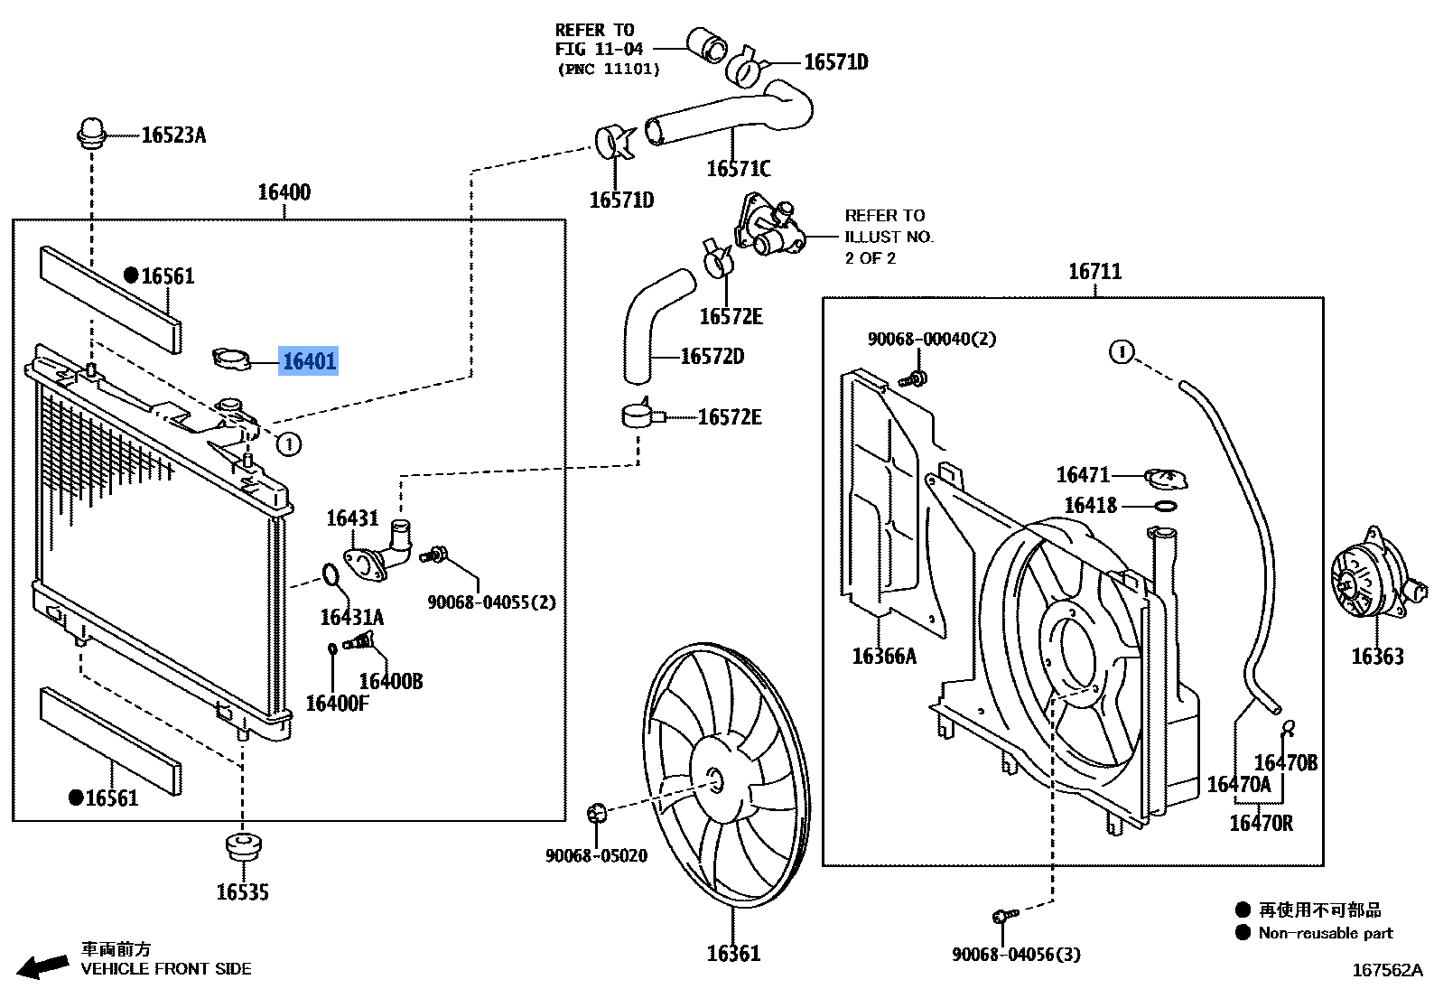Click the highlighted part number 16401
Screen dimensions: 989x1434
309,361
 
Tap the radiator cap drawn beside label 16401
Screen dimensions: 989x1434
231,359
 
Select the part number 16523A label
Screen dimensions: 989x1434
173,135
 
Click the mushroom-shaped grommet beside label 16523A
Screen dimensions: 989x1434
91,133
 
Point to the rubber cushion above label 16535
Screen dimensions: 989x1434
243,847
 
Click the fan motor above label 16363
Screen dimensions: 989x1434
1371,578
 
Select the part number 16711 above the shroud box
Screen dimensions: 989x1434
1094,272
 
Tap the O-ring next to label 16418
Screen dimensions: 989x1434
1166,506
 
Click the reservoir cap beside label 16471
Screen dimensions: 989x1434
1166,478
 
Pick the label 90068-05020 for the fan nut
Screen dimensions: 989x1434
596,855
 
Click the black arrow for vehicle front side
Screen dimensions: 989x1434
42,966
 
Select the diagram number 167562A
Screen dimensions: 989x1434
1386,970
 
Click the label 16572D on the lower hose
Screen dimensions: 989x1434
712,357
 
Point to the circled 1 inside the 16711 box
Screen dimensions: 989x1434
1121,351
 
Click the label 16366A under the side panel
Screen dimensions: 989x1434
884,657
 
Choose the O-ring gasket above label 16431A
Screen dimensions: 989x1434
331,574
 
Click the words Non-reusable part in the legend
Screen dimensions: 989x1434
1325,933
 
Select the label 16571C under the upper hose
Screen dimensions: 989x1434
738,169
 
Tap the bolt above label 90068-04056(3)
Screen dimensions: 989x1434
1003,916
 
